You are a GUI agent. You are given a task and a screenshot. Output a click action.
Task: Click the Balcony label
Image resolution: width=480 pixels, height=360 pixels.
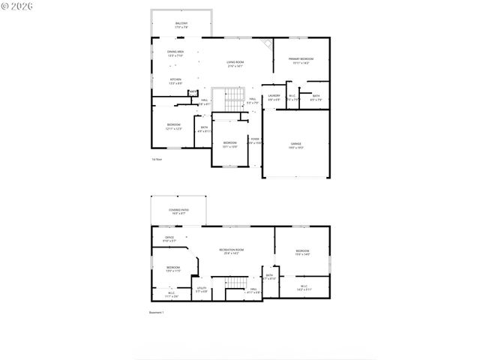(x=181, y=25)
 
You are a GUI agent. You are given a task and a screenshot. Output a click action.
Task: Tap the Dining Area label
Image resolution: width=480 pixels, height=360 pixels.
(x=175, y=52)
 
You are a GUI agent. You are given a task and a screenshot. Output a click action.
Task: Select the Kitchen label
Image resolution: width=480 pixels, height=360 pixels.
(x=175, y=81)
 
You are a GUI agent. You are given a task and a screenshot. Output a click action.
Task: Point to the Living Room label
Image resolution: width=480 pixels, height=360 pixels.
(x=235, y=64)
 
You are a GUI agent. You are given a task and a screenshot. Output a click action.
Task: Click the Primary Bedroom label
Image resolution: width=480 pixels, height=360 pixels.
(x=300, y=61)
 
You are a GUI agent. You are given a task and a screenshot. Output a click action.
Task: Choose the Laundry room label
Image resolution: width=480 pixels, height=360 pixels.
(x=274, y=97)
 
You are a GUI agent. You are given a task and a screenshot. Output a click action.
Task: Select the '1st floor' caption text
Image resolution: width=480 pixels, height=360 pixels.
(x=157, y=160)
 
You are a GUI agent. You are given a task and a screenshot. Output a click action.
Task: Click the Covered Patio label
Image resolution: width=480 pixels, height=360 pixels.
(x=178, y=211)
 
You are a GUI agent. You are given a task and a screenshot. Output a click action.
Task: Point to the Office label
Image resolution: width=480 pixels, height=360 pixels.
(x=169, y=239)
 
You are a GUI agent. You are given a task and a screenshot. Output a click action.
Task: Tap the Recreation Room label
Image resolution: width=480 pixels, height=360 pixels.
(x=231, y=251)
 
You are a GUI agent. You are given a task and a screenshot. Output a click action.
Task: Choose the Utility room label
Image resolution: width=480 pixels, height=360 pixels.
(x=202, y=289)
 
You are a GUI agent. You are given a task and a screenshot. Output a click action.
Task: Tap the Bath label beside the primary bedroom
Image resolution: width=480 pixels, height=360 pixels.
(x=316, y=97)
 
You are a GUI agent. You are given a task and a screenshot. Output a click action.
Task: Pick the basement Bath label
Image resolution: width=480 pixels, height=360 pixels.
(x=269, y=277)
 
